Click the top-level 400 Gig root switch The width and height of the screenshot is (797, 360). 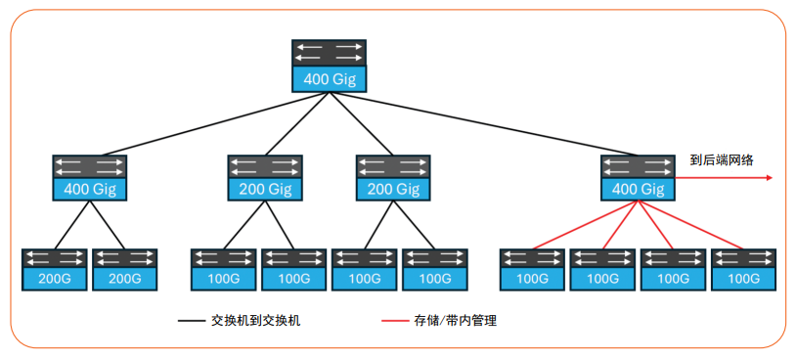coord(329,66)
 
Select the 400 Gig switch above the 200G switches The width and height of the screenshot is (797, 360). coord(90,177)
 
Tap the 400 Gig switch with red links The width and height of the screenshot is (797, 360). coord(638,177)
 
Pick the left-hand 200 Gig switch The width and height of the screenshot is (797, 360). coord(266,177)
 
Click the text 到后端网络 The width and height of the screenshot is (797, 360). coord(721,160)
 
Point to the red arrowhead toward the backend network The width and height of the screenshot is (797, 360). coord(770,178)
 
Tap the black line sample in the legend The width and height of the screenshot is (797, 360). coord(190,320)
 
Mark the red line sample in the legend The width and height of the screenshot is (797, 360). coord(394,320)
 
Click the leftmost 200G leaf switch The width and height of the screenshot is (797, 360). coord(55,270)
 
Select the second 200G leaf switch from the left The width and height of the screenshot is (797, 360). coord(125,270)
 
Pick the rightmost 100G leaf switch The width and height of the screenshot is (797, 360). coord(743,270)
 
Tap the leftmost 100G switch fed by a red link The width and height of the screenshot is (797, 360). coord(532,270)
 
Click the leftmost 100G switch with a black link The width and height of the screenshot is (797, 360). coord(224,270)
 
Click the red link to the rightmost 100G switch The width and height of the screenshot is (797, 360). coord(689,226)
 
